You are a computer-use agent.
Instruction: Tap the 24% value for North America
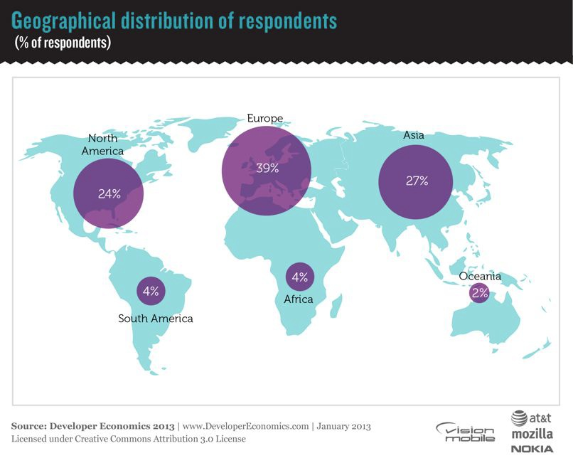click(109, 193)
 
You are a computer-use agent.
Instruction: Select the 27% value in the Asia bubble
click(417, 181)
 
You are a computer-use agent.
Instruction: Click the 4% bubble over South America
click(151, 290)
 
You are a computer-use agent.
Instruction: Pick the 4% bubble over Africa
click(299, 277)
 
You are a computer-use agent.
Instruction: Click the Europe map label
click(264, 118)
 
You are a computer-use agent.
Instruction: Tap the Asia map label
click(414, 134)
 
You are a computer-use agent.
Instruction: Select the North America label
click(103, 144)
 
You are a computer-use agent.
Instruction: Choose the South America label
click(155, 319)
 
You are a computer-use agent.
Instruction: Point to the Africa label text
click(299, 299)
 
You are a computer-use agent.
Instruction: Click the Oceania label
click(480, 277)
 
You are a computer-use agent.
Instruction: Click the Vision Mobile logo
click(465, 431)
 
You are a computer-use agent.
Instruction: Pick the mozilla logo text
click(531, 433)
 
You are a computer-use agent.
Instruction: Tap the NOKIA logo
click(531, 448)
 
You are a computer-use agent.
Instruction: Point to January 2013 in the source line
click(343, 426)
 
